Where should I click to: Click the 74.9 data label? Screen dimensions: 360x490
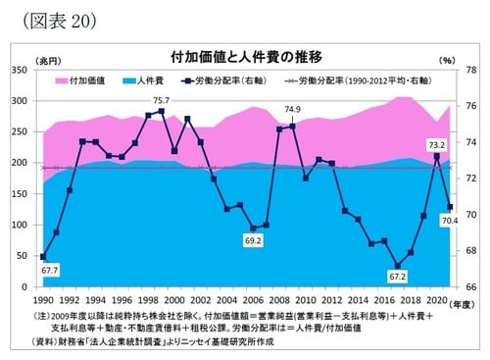point(292,110)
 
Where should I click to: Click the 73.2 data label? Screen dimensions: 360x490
point(437,144)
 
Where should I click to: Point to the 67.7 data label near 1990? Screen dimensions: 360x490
point(50,270)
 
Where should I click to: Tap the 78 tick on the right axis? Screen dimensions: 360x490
point(471,71)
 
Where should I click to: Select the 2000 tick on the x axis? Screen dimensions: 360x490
point(173,298)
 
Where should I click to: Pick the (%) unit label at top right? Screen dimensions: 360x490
point(448,61)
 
